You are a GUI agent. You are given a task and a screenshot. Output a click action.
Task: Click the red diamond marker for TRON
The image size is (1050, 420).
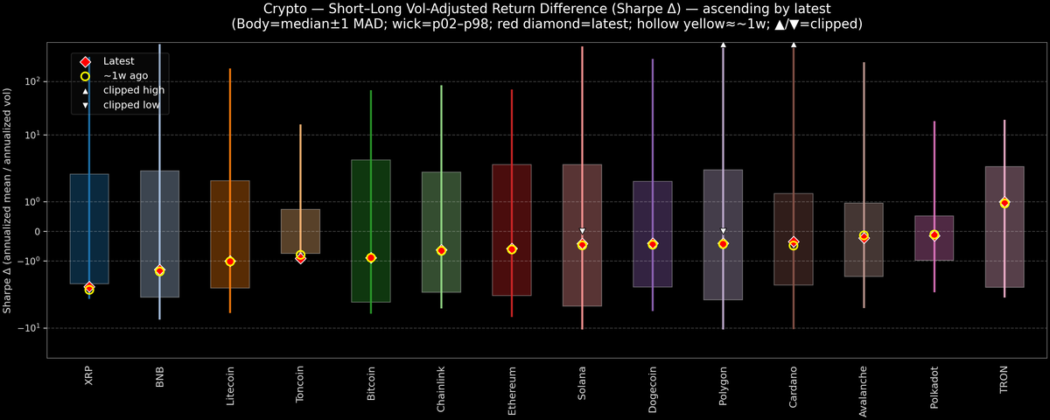1004,203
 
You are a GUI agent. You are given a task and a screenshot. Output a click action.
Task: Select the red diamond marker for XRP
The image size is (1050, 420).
89,287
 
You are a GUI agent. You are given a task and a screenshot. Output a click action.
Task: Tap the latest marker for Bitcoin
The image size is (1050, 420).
371,258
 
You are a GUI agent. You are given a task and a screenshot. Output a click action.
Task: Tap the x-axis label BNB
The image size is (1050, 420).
160,377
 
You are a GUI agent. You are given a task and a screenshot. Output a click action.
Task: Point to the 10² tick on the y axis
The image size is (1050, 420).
31,81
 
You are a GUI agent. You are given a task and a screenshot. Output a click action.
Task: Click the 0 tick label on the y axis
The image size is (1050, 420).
36,232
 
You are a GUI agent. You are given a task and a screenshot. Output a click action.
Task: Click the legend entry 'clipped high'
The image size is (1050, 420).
133,90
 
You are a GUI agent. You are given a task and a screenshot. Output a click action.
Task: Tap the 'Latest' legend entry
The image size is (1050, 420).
118,61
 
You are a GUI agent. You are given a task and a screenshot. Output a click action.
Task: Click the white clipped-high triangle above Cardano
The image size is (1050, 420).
794,44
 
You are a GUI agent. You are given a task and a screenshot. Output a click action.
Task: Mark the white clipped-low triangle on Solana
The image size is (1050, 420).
582,231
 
